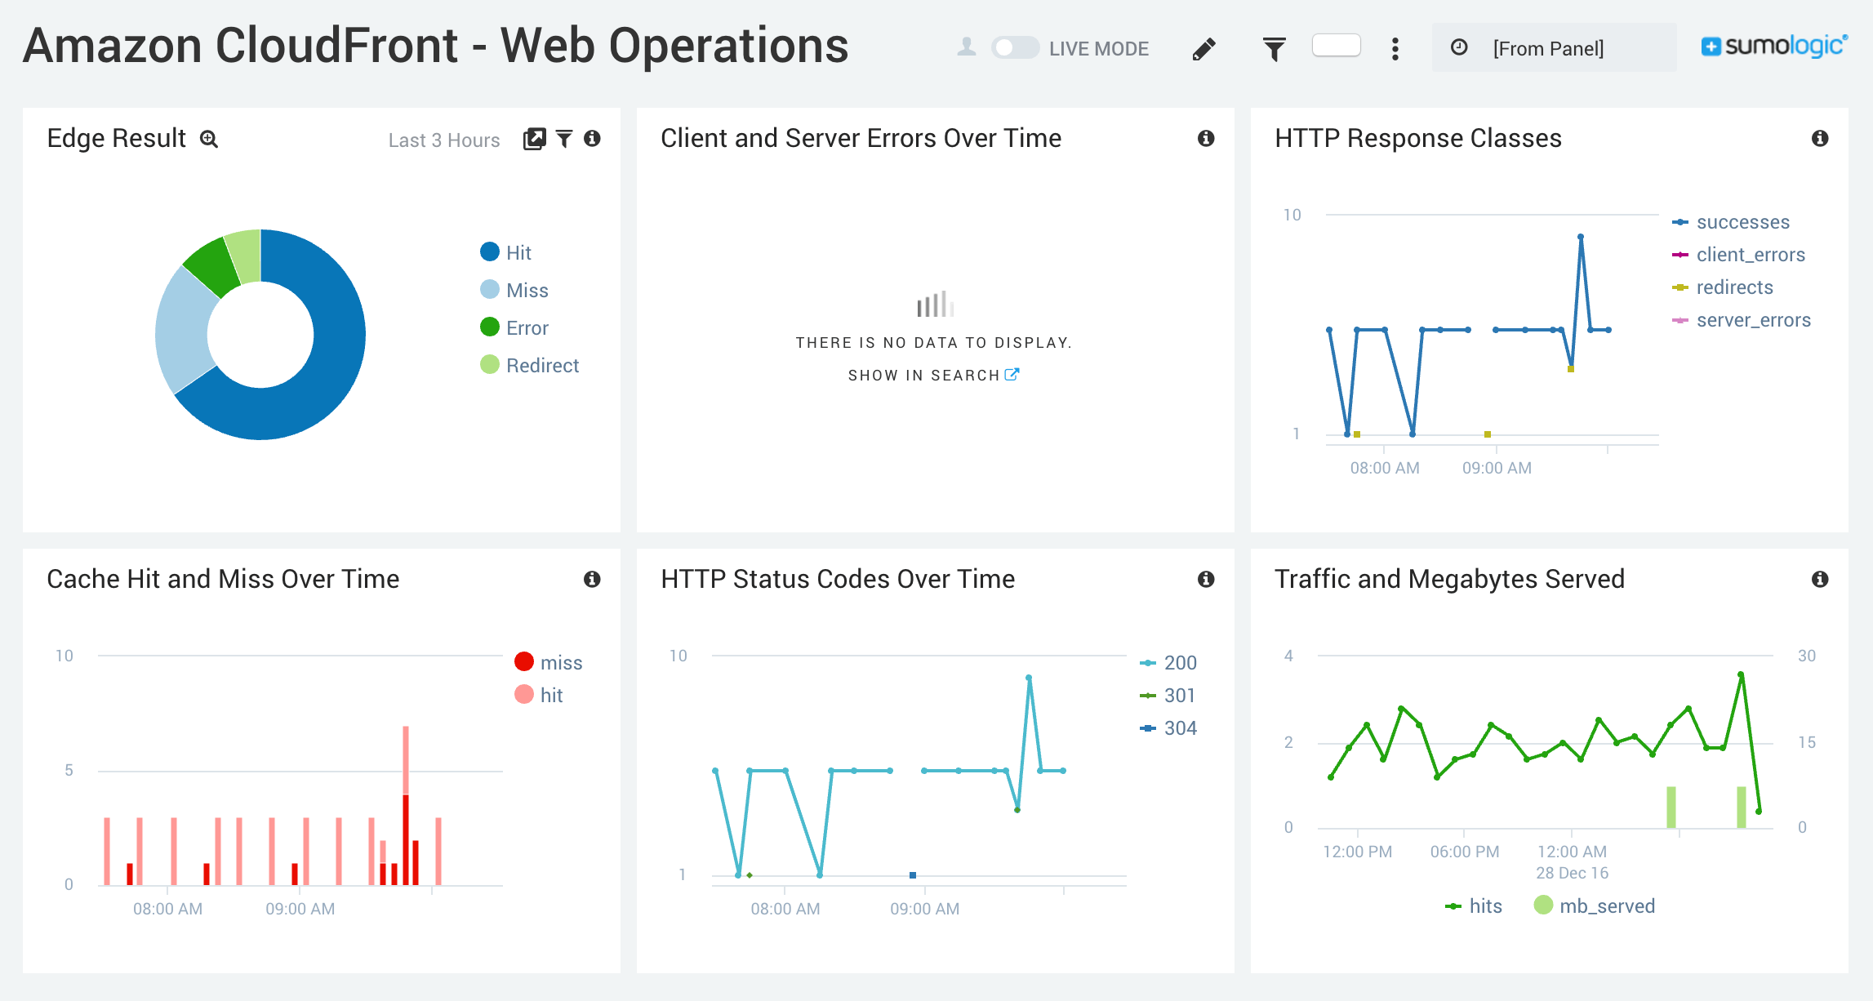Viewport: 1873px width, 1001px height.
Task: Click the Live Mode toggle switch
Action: coord(1015,48)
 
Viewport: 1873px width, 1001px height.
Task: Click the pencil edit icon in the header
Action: coord(1203,49)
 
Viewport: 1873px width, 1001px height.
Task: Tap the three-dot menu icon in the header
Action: coord(1395,49)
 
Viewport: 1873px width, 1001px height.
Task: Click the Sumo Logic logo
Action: coord(1773,47)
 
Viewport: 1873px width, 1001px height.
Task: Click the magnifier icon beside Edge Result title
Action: coord(209,140)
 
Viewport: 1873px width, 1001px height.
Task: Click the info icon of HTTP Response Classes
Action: coord(1819,139)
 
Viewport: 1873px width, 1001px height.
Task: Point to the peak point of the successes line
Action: coord(1581,238)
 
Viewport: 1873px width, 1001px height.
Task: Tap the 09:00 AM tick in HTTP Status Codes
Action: coord(924,908)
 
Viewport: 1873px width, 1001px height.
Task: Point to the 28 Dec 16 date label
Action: coord(1572,873)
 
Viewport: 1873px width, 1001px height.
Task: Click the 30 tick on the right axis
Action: coord(1806,656)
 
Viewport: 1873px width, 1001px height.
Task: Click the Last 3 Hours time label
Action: coord(444,140)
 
